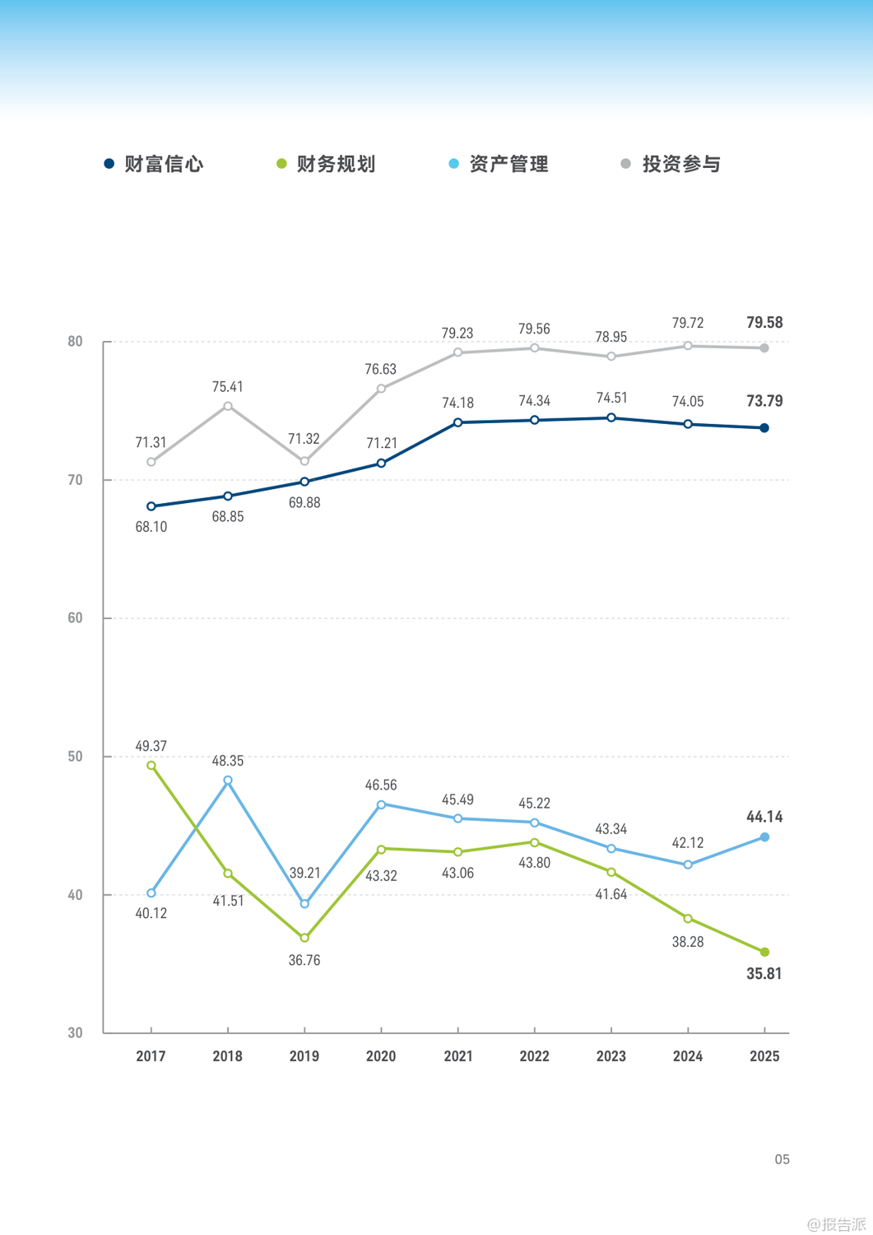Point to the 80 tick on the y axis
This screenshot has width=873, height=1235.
click(76, 342)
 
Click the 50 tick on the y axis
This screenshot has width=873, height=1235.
click(76, 757)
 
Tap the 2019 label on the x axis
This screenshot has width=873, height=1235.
click(304, 1056)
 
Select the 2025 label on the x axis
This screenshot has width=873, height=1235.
click(764, 1056)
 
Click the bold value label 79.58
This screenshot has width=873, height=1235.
click(764, 323)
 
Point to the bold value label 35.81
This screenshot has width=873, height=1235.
click(764, 974)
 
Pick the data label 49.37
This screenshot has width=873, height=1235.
click(151, 746)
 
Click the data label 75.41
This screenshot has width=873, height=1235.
click(228, 387)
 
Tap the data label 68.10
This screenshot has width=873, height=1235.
click(151, 527)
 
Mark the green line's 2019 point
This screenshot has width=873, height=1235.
click(304, 938)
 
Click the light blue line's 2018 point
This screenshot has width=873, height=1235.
click(228, 781)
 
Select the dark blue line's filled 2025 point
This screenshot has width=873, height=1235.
click(764, 428)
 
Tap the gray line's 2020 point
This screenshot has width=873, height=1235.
click(381, 389)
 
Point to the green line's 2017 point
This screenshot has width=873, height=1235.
click(151, 766)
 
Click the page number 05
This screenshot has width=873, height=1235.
click(782, 1159)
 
